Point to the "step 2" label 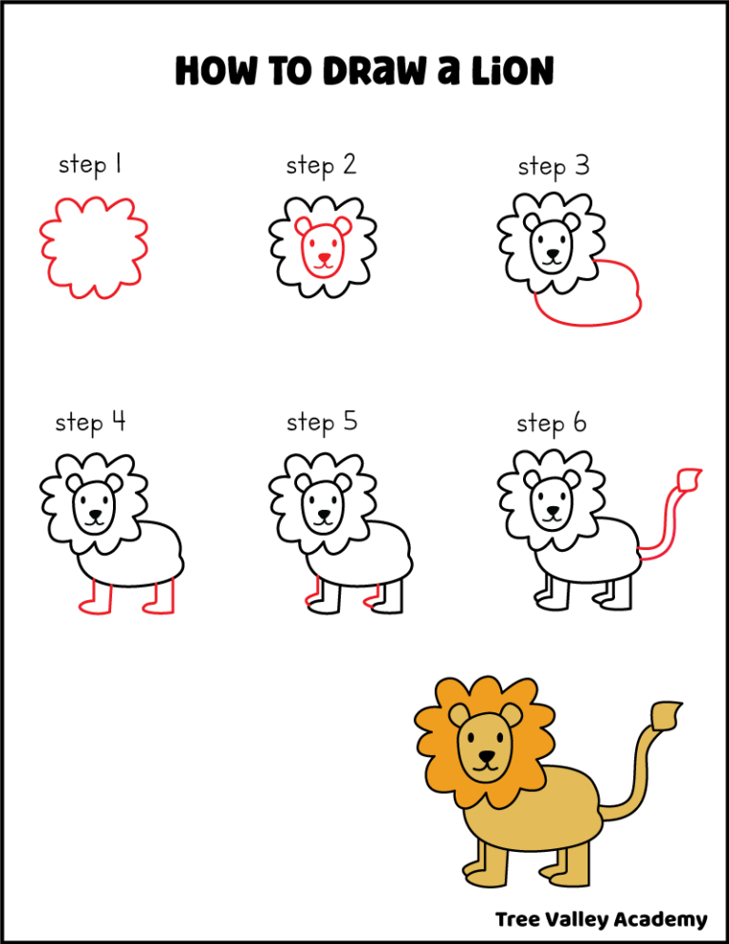point(321,165)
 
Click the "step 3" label point(553,167)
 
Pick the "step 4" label point(90,421)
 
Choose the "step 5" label point(322,421)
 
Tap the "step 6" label point(551,423)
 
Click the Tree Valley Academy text point(601,918)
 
